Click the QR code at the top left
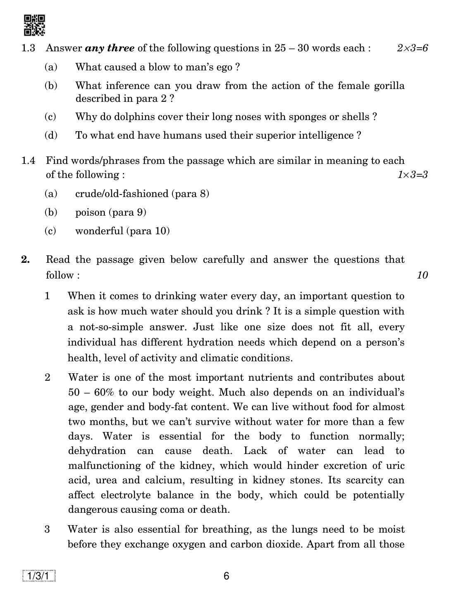34,25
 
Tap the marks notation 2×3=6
412,48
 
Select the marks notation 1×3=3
412,175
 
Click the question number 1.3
28,48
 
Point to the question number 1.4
28,161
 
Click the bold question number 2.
26,259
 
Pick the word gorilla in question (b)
389,86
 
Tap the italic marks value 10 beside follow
422,275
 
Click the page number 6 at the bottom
226,576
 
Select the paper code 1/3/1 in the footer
39,576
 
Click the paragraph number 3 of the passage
47,529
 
